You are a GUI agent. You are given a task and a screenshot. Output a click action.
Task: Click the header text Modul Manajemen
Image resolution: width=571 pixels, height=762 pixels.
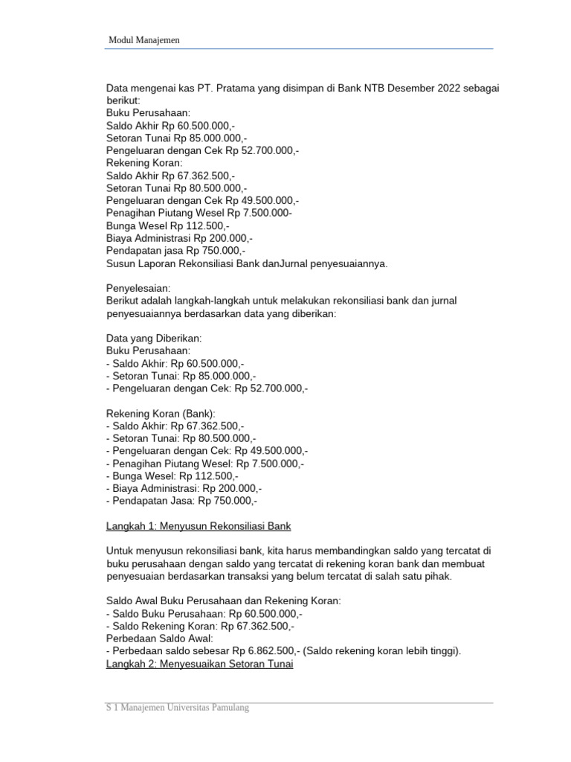(x=144, y=40)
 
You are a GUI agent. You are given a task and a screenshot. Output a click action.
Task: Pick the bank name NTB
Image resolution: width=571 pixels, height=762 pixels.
(x=353, y=88)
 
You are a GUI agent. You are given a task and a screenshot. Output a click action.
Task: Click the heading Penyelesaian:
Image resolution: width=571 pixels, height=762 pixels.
(x=138, y=287)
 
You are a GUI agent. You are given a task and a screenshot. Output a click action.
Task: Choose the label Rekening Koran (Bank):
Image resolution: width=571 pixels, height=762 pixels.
(x=160, y=413)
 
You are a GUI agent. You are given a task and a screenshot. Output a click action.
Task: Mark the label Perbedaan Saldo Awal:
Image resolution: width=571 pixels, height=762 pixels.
(x=160, y=638)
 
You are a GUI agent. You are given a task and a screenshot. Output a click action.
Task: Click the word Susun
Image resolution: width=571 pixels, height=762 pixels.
(x=121, y=263)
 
